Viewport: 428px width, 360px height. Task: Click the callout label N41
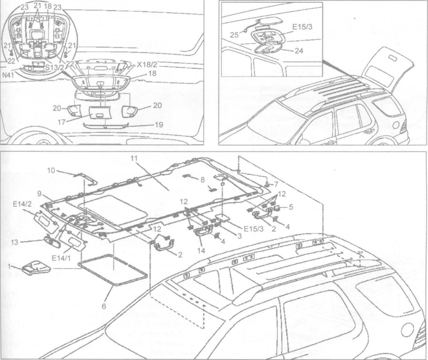[9, 76]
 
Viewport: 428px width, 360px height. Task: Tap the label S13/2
[55, 67]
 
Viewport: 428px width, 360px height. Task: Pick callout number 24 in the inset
[299, 51]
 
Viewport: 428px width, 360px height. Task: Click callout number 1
[10, 266]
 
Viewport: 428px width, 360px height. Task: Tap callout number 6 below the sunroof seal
[104, 306]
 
